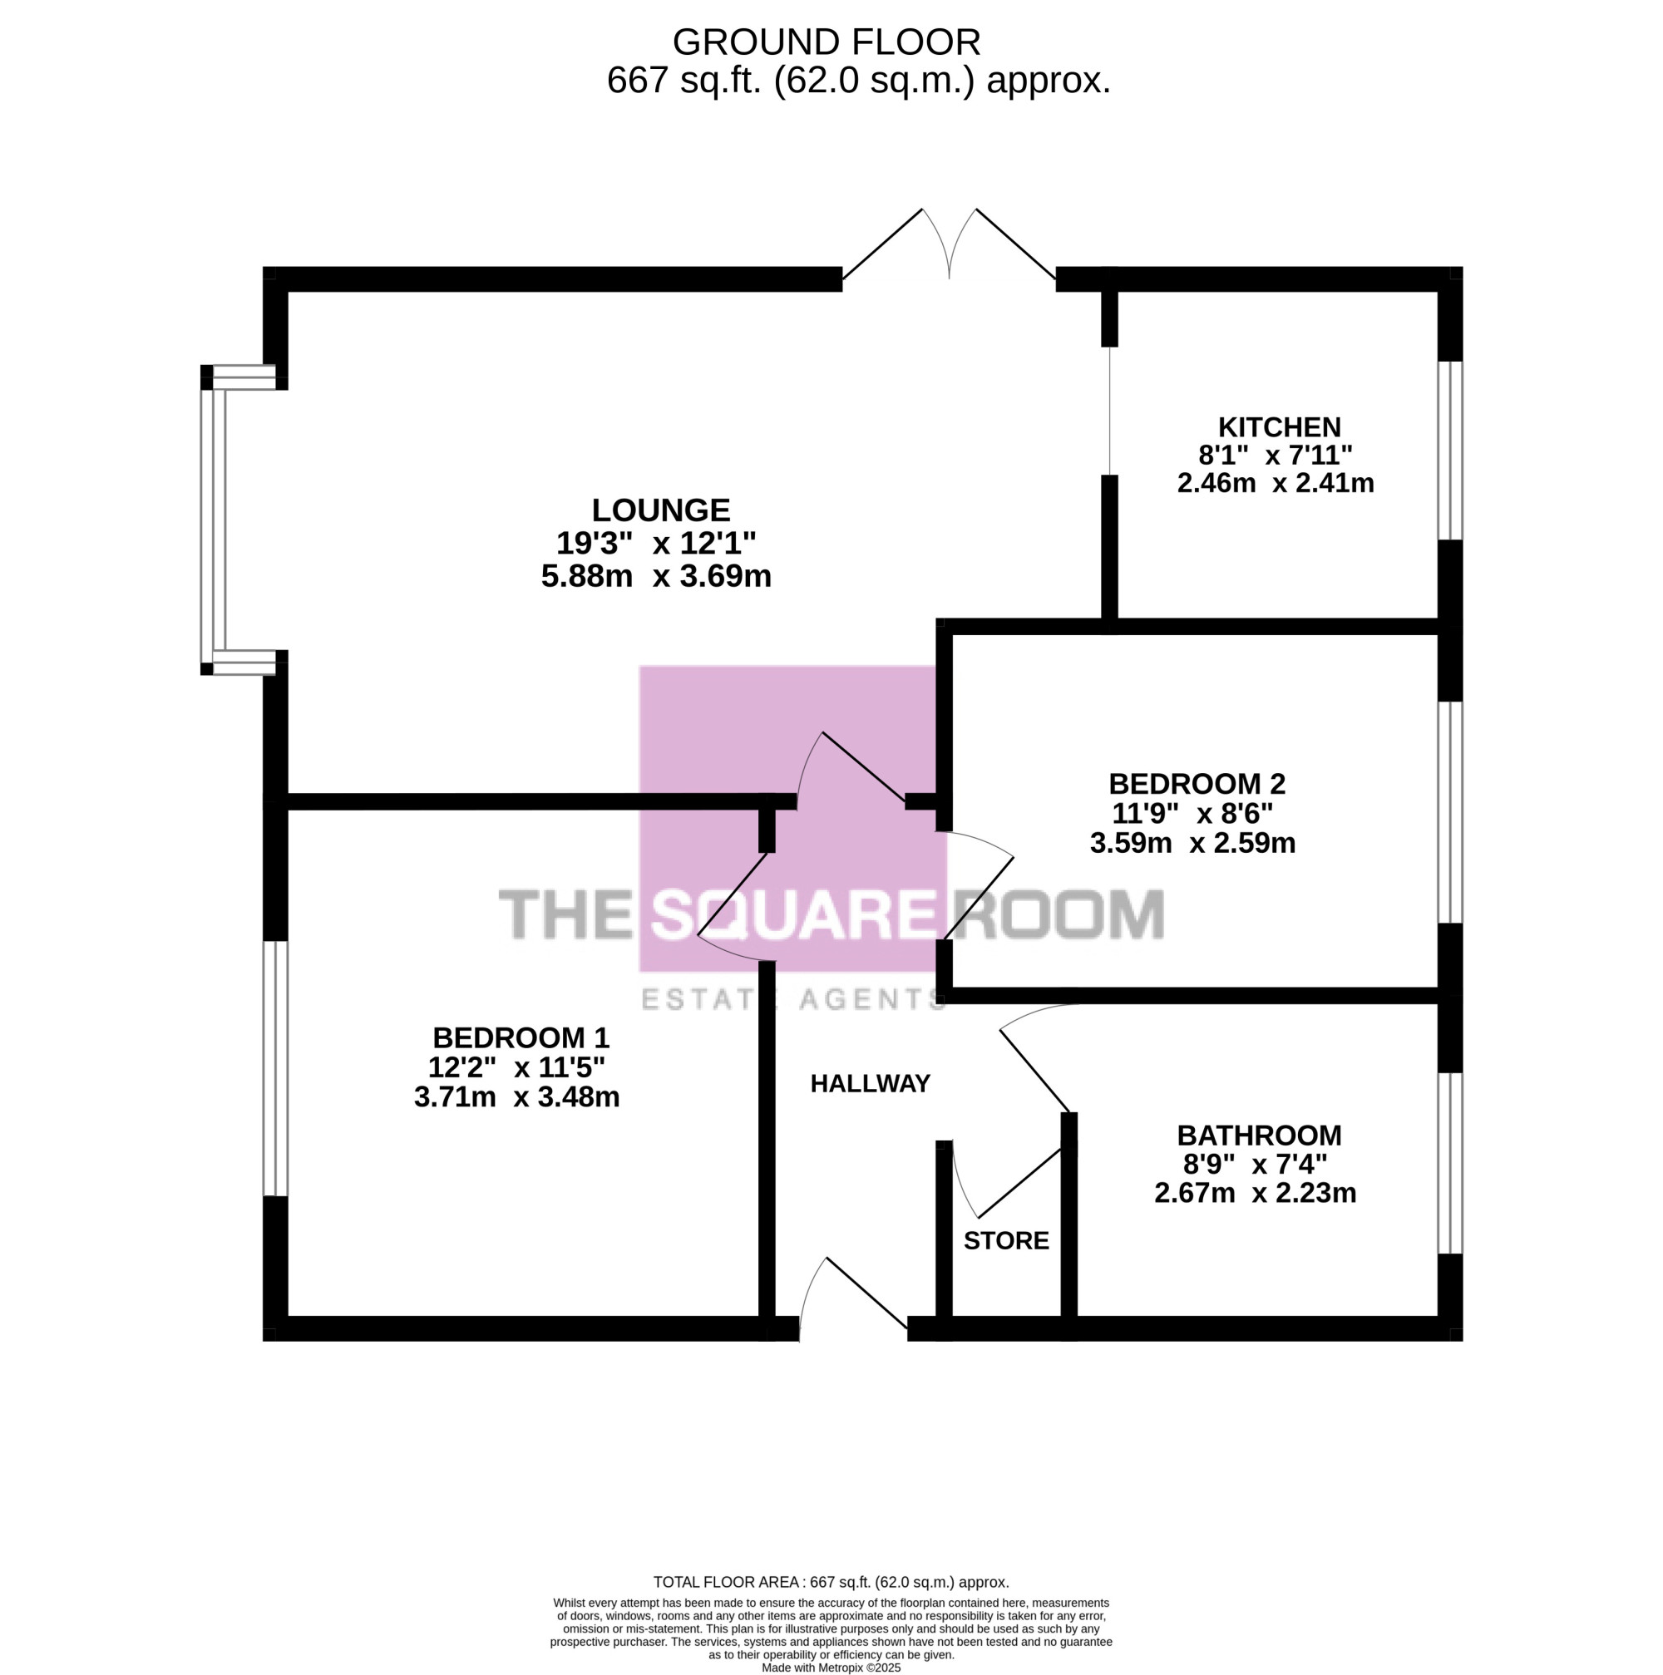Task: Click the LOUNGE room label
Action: (x=661, y=509)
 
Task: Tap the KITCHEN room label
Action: (x=1279, y=426)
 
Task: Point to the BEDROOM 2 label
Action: (x=1197, y=784)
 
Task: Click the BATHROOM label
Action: (x=1259, y=1135)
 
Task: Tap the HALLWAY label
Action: (x=870, y=1084)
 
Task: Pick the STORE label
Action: (x=1006, y=1240)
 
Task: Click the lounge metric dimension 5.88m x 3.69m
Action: (x=656, y=576)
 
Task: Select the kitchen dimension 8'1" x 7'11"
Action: (x=1276, y=455)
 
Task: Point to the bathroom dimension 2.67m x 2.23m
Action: (x=1255, y=1193)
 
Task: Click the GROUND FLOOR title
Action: (x=827, y=42)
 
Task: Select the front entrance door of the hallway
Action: (x=853, y=1298)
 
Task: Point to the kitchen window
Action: (x=1449, y=450)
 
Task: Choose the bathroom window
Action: (x=1449, y=1164)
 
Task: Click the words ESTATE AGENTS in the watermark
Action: (x=792, y=1000)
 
